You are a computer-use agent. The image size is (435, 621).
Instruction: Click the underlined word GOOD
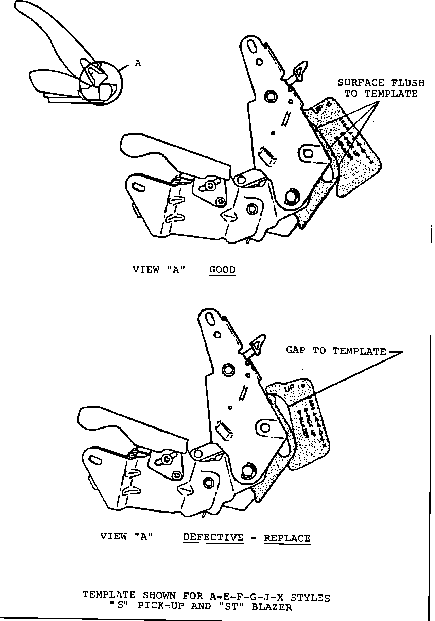pos(223,270)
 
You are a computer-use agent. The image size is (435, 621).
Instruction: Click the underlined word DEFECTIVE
pos(213,537)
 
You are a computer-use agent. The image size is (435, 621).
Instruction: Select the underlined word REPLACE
pos(287,538)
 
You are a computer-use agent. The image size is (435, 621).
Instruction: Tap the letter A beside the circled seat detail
pos(138,63)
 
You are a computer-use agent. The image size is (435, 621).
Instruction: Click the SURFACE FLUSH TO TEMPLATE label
pos(381,88)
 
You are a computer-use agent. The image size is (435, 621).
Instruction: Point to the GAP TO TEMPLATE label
pos(336,351)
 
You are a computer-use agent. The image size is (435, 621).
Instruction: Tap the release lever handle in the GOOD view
pos(170,153)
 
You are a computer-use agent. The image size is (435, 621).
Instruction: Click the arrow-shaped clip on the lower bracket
pos(257,345)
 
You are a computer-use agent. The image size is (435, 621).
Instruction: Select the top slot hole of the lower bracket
pos(210,318)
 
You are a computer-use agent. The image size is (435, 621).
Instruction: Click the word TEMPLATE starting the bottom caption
pos(109,595)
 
